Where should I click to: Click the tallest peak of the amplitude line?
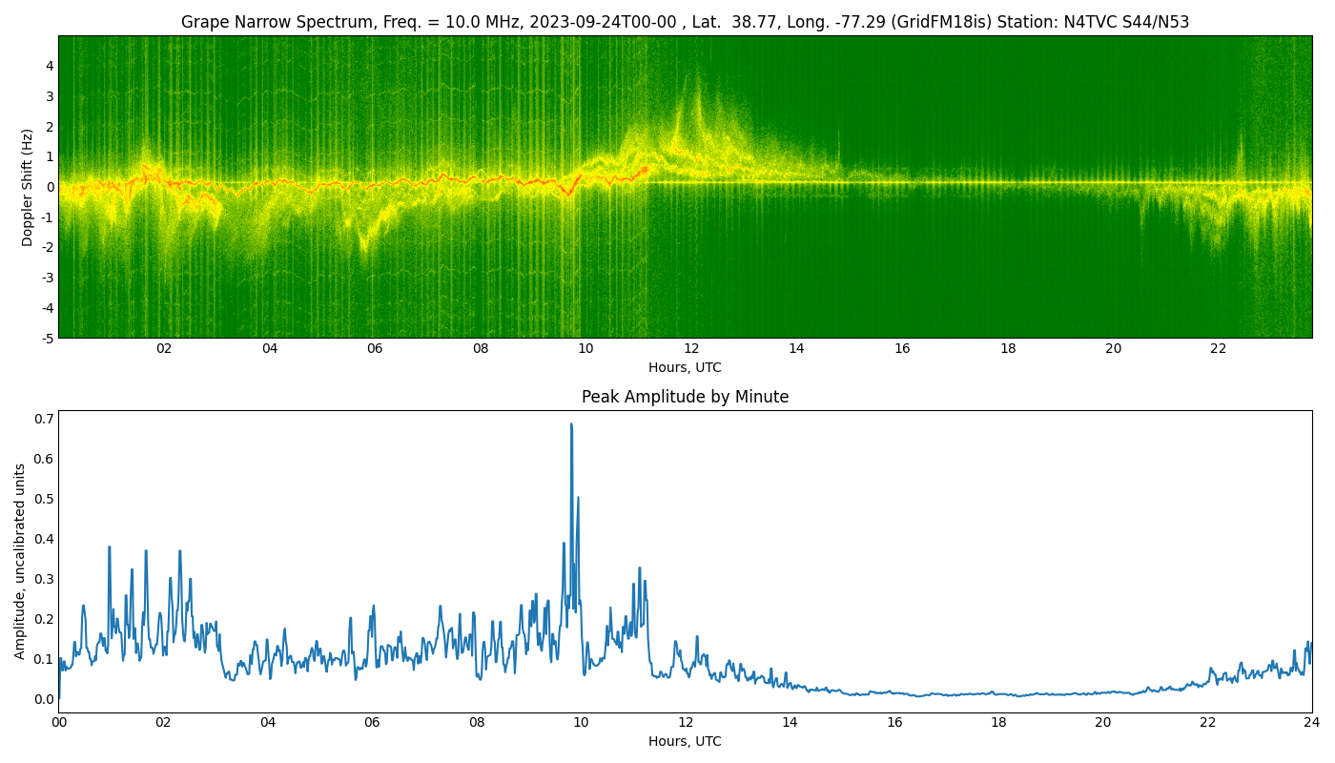571,424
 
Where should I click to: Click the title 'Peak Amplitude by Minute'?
685,397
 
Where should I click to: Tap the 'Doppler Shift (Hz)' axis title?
28,187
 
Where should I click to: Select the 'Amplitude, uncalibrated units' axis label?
20,561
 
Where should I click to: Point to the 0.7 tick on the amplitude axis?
43,419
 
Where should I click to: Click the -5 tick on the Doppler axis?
45,338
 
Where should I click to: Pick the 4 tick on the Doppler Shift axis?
49,66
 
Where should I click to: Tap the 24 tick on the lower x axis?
1312,722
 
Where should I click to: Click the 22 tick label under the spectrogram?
1219,348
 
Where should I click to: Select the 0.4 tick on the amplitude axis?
43,539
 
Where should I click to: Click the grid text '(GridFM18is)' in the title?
940,22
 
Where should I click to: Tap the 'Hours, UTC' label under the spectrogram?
685,367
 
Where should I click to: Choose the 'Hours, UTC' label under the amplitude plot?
685,741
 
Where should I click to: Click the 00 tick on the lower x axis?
59,722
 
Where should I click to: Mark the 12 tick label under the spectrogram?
691,348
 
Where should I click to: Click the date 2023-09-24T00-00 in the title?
603,22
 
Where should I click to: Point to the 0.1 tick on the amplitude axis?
43,659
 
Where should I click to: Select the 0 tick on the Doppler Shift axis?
49,187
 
